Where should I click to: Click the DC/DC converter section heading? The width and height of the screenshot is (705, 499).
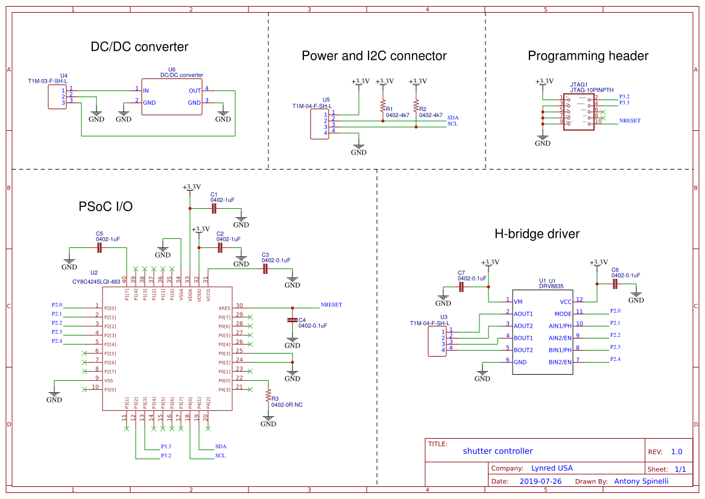(x=139, y=47)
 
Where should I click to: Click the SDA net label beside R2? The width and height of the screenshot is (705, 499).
(x=452, y=116)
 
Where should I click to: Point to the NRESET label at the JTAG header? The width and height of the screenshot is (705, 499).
(x=630, y=121)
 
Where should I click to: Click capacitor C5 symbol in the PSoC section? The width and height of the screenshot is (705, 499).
(x=100, y=247)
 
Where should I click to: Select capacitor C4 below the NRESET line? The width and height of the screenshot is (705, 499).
(x=292, y=320)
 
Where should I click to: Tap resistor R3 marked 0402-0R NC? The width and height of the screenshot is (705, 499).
(x=268, y=397)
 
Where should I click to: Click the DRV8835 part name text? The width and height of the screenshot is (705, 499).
(x=551, y=286)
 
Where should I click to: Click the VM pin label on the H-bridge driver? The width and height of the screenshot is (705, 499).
(x=517, y=301)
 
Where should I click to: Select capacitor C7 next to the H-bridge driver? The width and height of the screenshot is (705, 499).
(x=462, y=287)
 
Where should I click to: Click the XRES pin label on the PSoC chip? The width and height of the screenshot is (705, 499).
(x=224, y=307)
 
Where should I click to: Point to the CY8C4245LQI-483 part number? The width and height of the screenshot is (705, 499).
(x=96, y=281)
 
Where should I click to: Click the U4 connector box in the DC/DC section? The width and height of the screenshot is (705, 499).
(x=57, y=97)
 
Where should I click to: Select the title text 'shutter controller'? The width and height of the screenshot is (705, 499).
(x=498, y=451)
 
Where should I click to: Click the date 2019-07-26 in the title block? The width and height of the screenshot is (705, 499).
(x=540, y=482)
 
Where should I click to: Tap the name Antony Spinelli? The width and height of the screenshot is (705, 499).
(x=642, y=482)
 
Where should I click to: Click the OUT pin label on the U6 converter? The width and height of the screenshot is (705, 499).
(x=194, y=91)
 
